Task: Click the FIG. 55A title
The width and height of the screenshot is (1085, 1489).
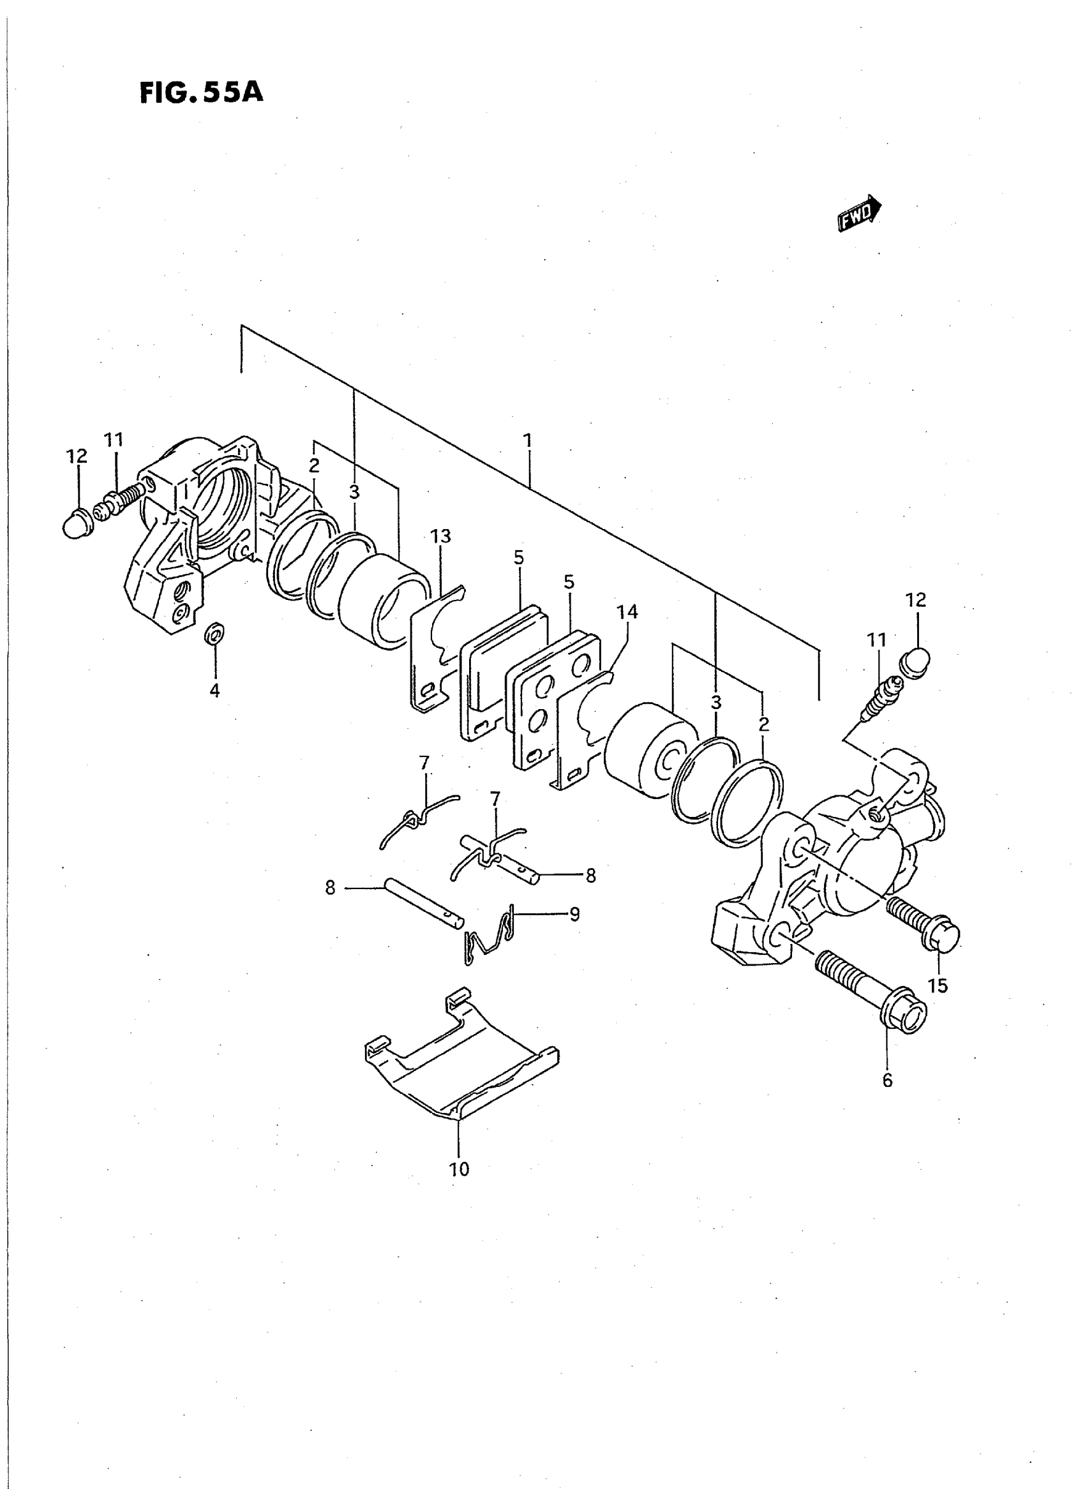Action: [x=201, y=93]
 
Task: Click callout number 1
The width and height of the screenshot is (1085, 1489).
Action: [x=527, y=440]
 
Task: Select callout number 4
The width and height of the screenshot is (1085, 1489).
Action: [x=214, y=691]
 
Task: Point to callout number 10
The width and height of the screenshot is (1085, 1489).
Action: [x=460, y=1169]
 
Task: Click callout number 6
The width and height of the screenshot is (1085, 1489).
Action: [x=887, y=1081]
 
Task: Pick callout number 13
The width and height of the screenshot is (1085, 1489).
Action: [x=440, y=537]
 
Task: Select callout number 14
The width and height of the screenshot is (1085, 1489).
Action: [x=627, y=612]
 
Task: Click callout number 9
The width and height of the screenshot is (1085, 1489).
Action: [x=574, y=915]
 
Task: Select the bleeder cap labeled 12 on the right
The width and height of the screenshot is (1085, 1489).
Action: [x=916, y=662]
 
